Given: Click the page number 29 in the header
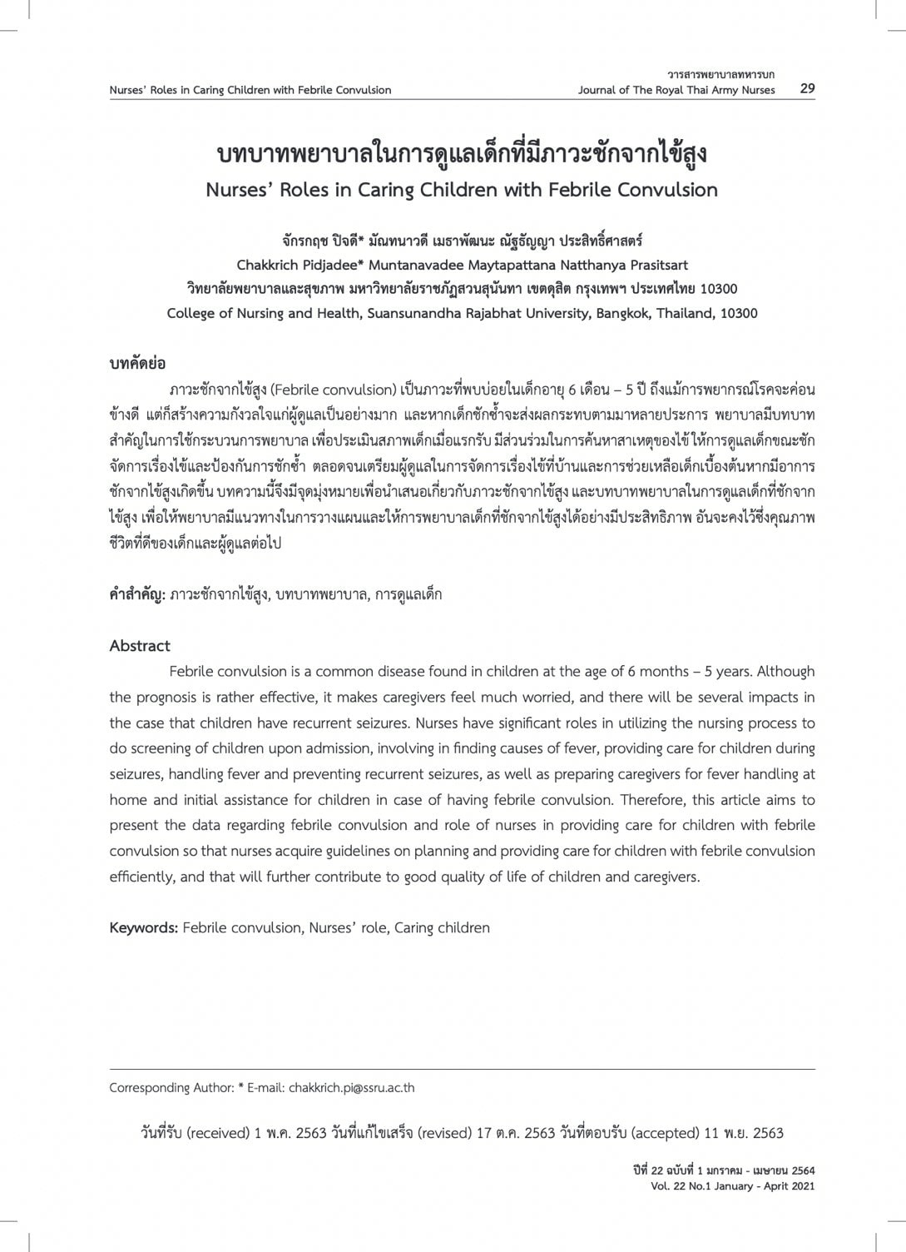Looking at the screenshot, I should pos(807,89).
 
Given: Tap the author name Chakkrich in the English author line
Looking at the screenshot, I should pos(269,266).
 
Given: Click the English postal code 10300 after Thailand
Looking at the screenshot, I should pos(738,314).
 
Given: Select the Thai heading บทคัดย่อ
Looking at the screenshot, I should pos(137,364).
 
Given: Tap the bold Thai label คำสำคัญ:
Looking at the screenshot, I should pos(137,594).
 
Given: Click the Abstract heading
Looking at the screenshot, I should pos(140,646).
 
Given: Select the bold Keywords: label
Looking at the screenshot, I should pos(143,927).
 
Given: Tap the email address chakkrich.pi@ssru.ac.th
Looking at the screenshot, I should pos(351,1088).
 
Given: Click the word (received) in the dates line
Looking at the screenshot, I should pos(219,1133).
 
